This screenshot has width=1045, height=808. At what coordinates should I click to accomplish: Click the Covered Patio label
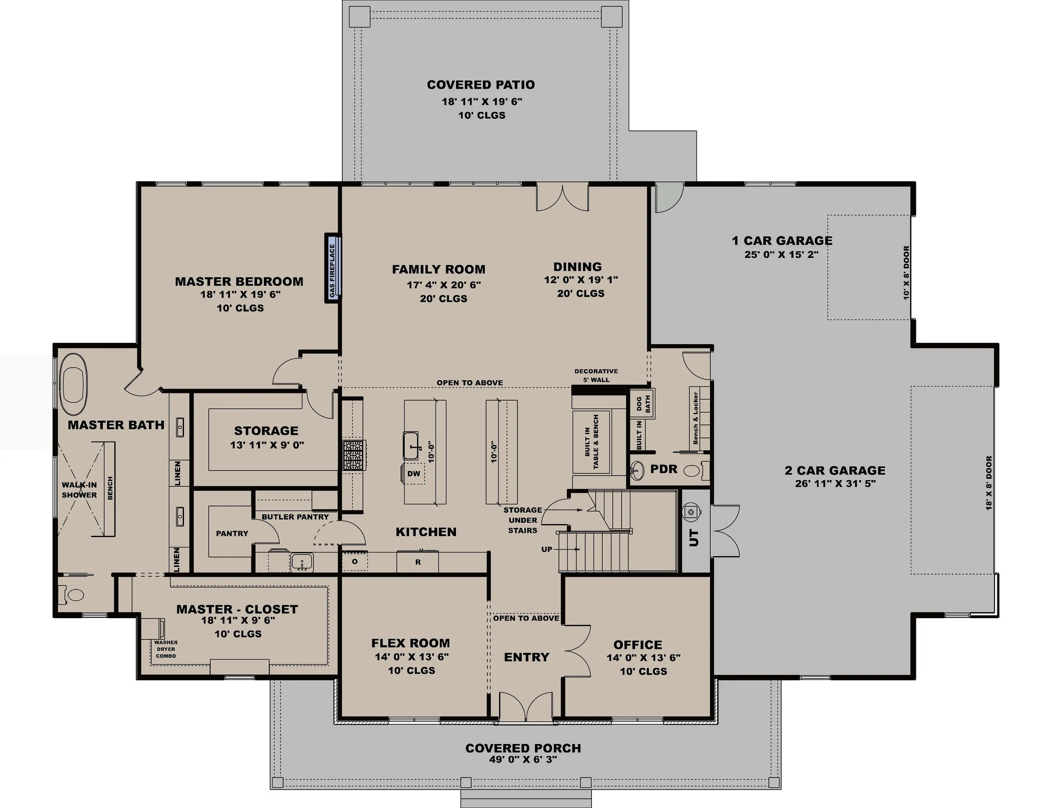click(x=480, y=85)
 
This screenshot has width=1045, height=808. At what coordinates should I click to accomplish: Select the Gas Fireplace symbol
click(x=334, y=267)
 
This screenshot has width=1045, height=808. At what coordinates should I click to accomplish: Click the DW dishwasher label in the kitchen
click(x=413, y=473)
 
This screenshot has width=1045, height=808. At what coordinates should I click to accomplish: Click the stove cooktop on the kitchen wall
click(x=354, y=455)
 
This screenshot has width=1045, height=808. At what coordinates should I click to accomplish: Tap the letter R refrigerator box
click(x=418, y=562)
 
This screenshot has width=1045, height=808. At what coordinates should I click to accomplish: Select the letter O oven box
click(x=354, y=561)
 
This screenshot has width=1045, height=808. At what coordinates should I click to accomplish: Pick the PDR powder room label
click(x=664, y=469)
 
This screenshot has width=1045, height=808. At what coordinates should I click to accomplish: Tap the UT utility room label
click(x=694, y=537)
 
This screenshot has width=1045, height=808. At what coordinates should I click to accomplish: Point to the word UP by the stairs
click(x=546, y=549)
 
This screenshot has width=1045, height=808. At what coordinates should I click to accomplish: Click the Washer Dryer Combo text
click(x=166, y=649)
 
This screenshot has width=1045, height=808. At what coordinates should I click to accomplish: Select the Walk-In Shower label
click(x=79, y=490)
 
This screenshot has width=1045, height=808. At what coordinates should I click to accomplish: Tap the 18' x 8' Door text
click(x=989, y=483)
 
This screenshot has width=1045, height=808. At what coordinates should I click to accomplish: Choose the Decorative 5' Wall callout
click(x=596, y=375)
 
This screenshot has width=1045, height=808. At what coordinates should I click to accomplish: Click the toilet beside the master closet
click(x=73, y=595)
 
